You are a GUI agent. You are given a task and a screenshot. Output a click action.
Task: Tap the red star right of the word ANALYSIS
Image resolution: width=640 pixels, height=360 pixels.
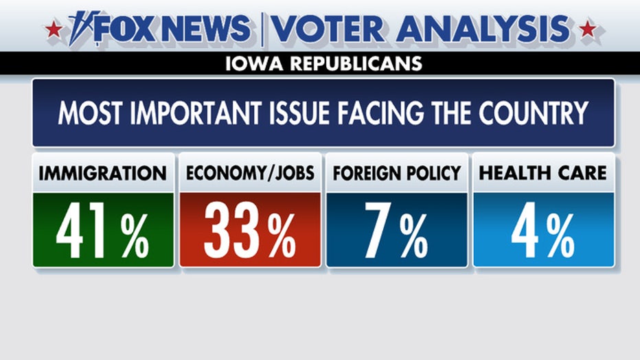pos(587,30)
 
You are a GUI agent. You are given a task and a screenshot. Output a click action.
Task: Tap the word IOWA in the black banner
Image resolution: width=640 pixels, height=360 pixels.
pos(252,65)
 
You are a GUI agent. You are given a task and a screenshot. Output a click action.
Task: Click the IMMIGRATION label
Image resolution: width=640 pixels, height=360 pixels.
pos(103,173)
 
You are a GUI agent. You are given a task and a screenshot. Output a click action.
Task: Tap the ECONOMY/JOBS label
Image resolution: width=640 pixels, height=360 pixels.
pos(250,173)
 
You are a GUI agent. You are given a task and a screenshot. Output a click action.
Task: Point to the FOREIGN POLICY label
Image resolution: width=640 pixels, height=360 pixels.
pos(397,173)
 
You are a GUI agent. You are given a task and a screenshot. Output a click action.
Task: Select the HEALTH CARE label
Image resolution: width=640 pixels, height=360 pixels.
pos(543,173)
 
